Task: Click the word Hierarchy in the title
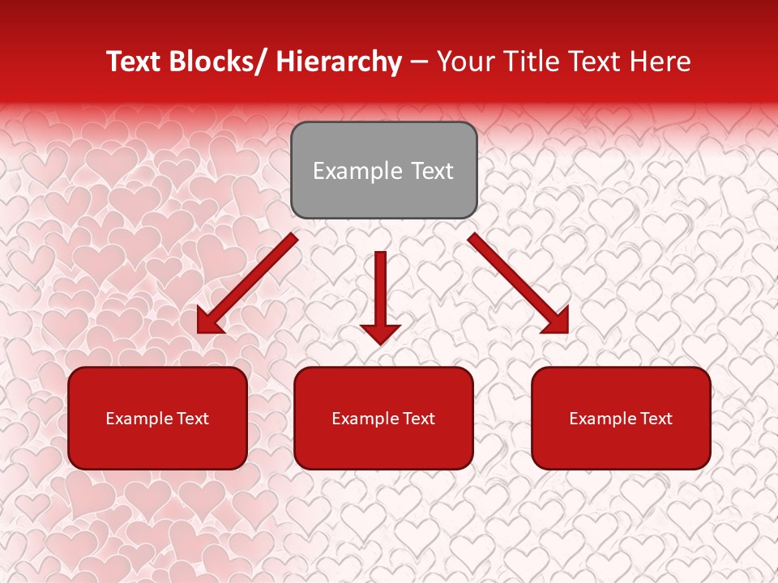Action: (x=339, y=62)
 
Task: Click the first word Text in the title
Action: (x=133, y=62)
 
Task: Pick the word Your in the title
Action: (x=466, y=62)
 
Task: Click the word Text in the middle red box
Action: (x=418, y=419)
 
